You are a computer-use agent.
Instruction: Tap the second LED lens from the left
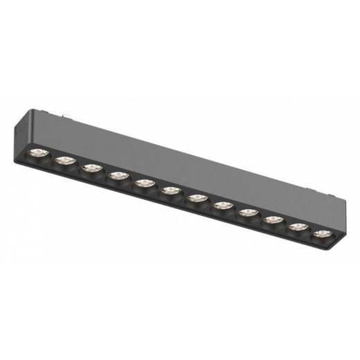click(x=64, y=161)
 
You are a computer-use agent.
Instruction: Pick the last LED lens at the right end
click(x=321, y=234)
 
